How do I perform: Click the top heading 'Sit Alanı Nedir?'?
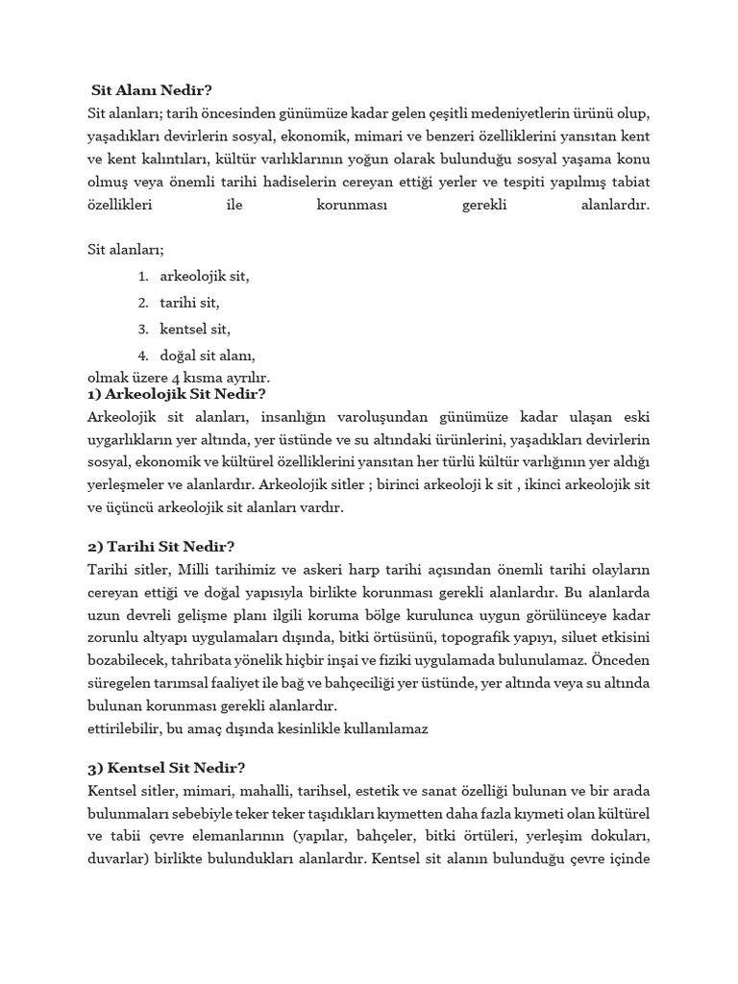point(151,92)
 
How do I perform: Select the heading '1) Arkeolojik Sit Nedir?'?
point(176,393)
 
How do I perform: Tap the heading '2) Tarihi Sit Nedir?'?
point(160,546)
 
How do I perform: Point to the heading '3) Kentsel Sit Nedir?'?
point(165,767)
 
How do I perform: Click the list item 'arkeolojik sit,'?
point(205,276)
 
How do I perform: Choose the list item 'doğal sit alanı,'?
point(207,356)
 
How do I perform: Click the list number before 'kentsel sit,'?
point(142,329)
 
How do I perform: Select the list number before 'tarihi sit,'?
point(142,303)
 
